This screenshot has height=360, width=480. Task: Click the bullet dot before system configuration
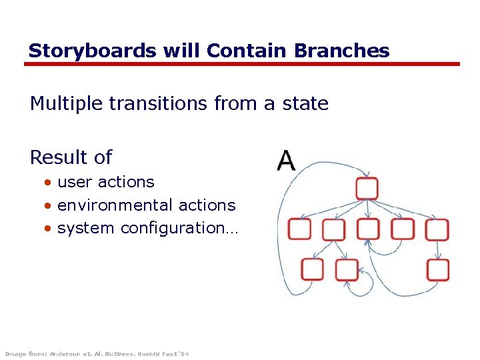pyautogui.click(x=48, y=229)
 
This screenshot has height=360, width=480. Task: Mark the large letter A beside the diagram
pyautogui.click(x=286, y=161)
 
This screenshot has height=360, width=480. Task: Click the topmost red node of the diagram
pyautogui.click(x=367, y=188)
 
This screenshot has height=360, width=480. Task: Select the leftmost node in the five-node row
pyautogui.click(x=299, y=229)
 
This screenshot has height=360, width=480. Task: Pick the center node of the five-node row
pyautogui.click(x=368, y=229)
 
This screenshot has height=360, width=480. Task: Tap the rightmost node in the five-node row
pyautogui.click(x=437, y=229)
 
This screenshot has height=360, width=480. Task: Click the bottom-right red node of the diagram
pyautogui.click(x=438, y=270)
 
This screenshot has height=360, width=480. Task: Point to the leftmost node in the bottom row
pyautogui.click(x=312, y=270)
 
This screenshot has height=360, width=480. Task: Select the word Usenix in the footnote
pyautogui.click(x=149, y=353)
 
